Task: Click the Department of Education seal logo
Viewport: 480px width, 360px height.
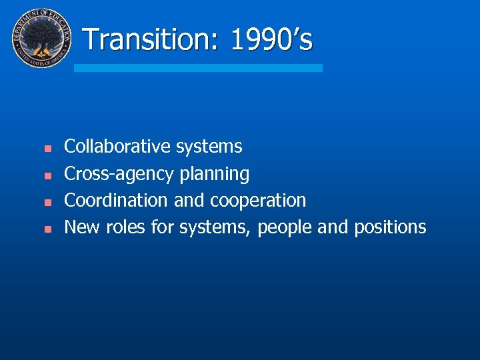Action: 41,38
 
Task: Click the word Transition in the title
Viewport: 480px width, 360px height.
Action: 151,39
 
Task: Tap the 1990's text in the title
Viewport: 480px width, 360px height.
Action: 271,39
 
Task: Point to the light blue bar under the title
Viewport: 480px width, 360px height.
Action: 198,68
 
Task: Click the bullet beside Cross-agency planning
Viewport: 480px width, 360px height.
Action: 47,175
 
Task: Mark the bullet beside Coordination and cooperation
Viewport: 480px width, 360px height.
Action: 47,201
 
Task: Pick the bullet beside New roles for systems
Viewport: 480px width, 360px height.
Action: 47,229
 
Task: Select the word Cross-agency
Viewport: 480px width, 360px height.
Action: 119,174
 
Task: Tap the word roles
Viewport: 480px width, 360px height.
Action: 126,227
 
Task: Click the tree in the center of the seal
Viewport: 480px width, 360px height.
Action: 41,37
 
